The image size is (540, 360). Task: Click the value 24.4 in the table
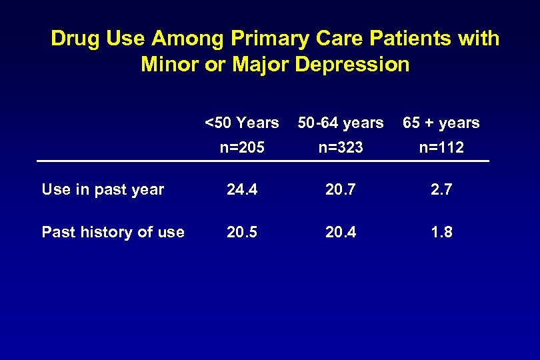click(x=241, y=190)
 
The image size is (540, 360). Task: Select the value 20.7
click(x=341, y=190)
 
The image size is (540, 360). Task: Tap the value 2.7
click(x=441, y=190)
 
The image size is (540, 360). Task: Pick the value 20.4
click(x=341, y=232)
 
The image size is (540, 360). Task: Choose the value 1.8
click(x=441, y=232)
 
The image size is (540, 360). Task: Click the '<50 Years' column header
click(x=241, y=123)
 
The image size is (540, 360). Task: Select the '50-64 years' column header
click(x=341, y=123)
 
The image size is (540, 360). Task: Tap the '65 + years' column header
click(x=441, y=123)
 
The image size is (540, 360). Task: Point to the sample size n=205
click(x=241, y=147)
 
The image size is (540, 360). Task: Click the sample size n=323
click(x=341, y=147)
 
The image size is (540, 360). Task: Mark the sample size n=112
click(x=441, y=147)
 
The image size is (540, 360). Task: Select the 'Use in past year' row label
click(x=103, y=190)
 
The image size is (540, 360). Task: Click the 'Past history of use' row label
click(x=113, y=232)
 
